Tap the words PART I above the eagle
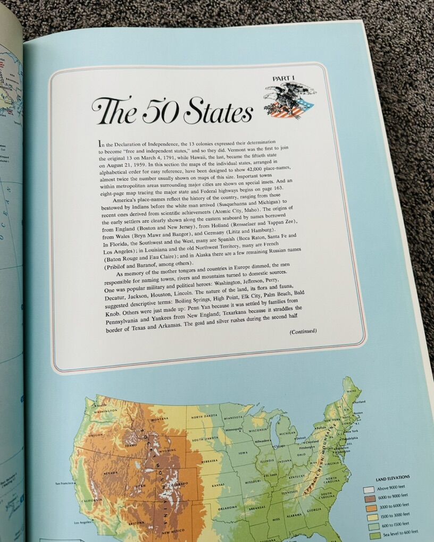coord(283,79)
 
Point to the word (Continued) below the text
coord(303,331)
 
